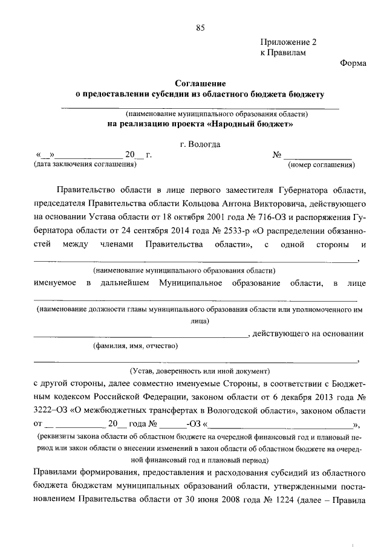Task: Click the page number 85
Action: (x=201, y=27)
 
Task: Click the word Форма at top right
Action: (x=351, y=63)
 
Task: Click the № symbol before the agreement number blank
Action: (x=278, y=155)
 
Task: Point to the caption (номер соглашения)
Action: (x=321, y=164)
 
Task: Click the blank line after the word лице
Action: (x=194, y=299)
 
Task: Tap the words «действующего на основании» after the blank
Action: (x=308, y=333)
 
